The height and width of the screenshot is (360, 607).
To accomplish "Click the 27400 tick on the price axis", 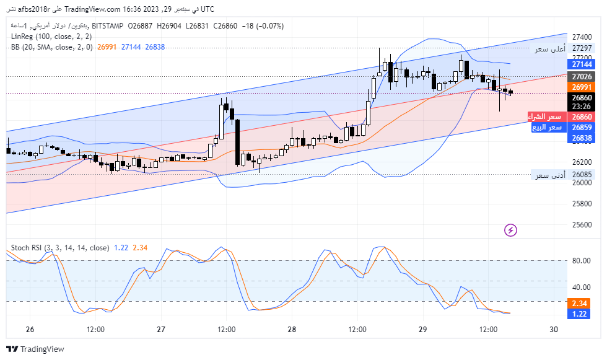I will tap(582, 37).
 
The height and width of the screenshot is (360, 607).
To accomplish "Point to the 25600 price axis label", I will tap(582, 224).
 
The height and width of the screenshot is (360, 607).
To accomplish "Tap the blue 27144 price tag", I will tap(582, 64).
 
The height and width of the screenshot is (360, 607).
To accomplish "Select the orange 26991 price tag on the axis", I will tap(582, 87).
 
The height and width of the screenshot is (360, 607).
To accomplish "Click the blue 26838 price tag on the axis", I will tap(582, 138).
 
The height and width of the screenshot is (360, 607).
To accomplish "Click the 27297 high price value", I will tap(582, 48).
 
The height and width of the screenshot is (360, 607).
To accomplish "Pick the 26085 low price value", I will tap(582, 174).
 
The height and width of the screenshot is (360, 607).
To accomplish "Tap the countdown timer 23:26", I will tap(582, 106).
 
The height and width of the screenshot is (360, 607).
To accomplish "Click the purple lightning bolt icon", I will tap(511, 230).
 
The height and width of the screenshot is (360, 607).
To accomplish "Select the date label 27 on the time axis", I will tap(161, 329).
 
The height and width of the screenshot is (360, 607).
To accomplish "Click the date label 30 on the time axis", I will tap(554, 329).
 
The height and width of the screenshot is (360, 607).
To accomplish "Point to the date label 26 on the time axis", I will tap(30, 329).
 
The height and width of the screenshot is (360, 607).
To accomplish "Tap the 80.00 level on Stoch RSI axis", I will tap(580, 261).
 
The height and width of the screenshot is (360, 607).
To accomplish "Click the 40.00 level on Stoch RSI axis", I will tap(580, 287).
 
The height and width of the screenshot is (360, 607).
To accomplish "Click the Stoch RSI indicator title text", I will tap(59, 248).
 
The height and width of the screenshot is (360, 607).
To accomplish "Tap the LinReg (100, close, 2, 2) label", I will tap(51, 37).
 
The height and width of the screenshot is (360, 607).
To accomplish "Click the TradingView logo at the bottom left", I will tap(35, 349).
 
